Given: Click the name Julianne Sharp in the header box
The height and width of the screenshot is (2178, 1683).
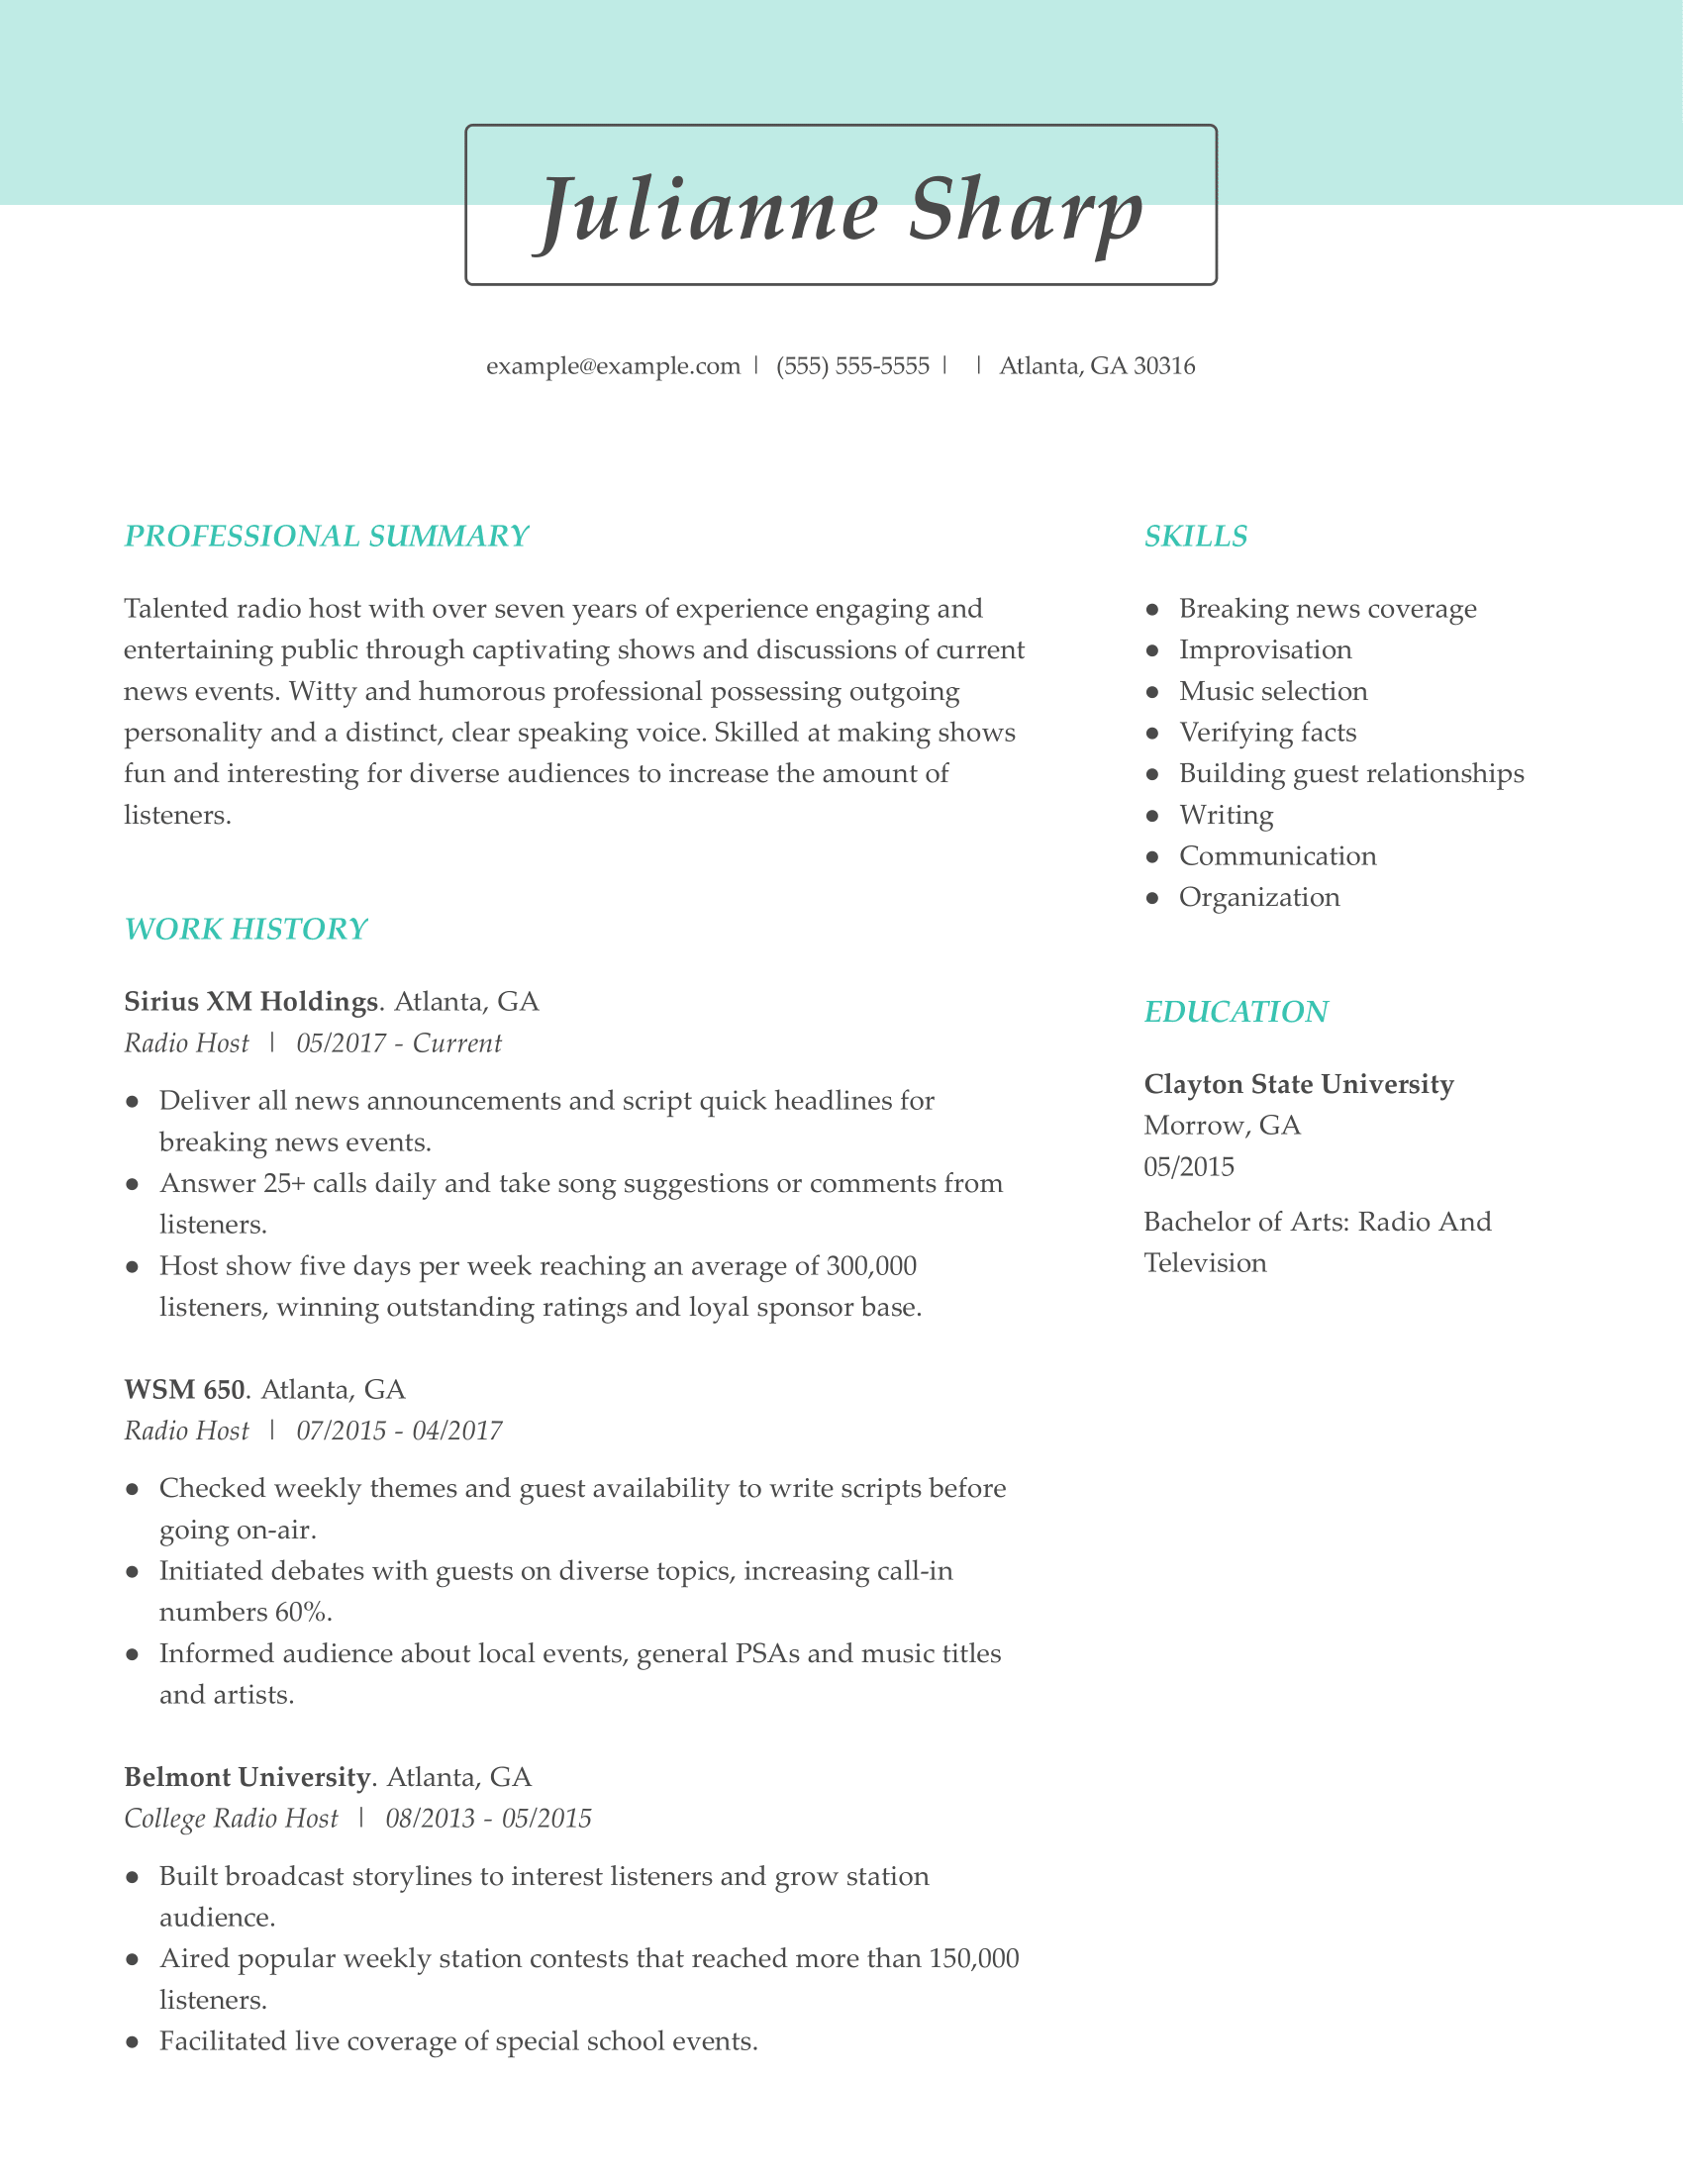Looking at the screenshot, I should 841,211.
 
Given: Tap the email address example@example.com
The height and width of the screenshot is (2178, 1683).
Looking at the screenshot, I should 613,366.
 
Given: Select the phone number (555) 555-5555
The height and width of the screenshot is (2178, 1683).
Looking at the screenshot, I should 852,366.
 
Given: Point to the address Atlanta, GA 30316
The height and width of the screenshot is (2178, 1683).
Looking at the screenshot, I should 1097,366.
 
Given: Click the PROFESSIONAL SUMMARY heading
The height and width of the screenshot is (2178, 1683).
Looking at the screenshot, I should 326,536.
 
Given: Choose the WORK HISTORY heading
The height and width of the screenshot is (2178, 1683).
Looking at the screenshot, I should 246,929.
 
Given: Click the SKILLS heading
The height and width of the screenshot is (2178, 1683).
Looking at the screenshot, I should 1196,536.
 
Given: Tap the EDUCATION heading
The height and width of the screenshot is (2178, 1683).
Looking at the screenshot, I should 1236,1011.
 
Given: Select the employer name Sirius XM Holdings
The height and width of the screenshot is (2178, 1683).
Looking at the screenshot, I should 251,1000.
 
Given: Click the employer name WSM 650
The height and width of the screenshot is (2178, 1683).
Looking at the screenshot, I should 184,1389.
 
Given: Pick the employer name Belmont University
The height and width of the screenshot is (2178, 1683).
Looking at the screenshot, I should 247,1776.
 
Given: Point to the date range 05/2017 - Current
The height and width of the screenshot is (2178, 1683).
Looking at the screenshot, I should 399,1043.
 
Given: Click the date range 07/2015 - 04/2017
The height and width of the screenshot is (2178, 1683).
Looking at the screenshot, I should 399,1432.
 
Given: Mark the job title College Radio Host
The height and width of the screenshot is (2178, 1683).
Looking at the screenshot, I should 232,1818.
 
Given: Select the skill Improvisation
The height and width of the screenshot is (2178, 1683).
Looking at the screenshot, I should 1265,649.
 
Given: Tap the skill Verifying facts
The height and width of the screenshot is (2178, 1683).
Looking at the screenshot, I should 1267,732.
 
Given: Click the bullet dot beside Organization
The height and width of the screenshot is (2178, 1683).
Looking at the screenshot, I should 1152,898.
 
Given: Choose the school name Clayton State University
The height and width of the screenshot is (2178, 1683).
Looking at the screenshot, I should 1298,1084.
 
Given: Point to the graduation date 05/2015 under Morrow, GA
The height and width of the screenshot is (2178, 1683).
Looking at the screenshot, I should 1188,1166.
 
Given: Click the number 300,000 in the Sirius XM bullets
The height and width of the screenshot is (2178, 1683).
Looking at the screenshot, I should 870,1265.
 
